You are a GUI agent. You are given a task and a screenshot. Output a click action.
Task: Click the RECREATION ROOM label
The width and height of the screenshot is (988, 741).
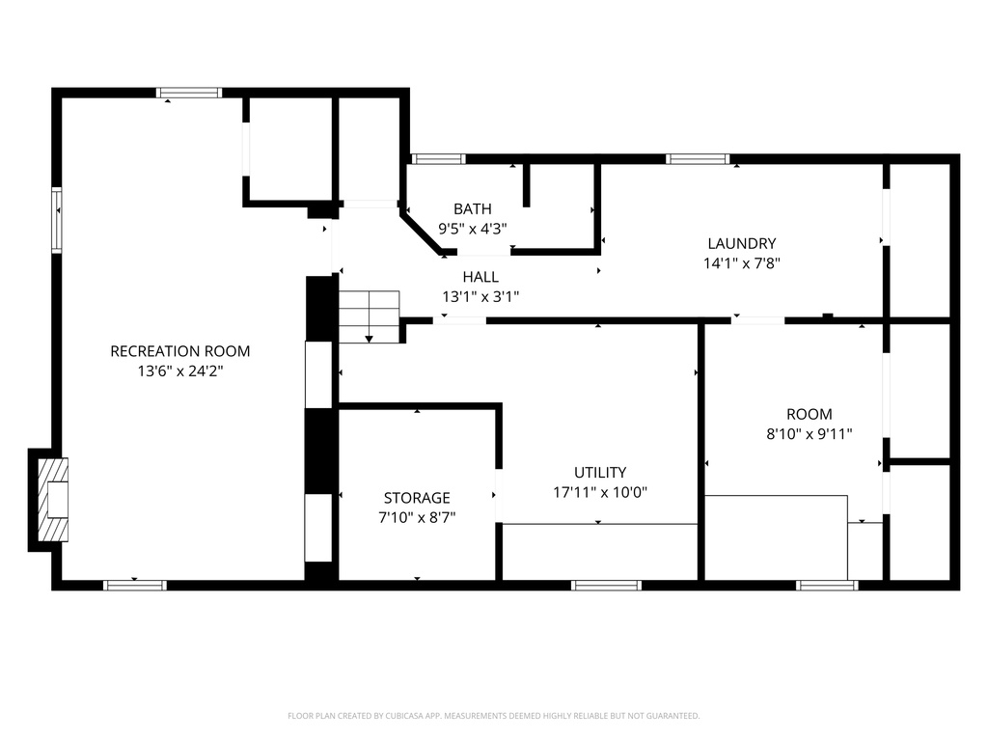click(x=179, y=351)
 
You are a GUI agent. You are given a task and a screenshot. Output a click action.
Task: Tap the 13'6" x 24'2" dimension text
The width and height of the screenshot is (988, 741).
click(x=179, y=370)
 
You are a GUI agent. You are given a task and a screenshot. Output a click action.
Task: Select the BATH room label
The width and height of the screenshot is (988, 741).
click(x=473, y=209)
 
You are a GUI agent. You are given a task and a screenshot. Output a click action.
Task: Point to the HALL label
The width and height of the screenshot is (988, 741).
click(x=480, y=278)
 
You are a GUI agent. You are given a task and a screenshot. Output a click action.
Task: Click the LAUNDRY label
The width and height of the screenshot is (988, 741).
click(x=741, y=244)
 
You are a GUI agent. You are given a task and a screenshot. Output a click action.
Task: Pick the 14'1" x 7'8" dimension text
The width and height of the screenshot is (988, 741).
click(x=741, y=262)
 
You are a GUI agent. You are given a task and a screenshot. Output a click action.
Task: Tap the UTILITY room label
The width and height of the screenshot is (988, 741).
click(x=600, y=473)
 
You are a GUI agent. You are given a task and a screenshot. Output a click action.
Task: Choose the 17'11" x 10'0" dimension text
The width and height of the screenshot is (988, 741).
click(x=600, y=492)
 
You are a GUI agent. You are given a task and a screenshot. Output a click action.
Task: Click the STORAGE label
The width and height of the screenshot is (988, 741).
click(x=417, y=498)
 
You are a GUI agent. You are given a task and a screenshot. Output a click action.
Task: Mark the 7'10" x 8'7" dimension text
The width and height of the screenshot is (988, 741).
click(x=417, y=517)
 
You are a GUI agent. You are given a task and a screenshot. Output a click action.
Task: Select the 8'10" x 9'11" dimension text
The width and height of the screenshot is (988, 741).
click(x=809, y=434)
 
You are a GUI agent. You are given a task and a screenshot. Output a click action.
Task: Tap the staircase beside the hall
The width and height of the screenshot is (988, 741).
click(x=369, y=315)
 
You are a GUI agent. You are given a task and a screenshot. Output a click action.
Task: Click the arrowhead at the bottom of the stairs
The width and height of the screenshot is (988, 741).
click(x=369, y=339)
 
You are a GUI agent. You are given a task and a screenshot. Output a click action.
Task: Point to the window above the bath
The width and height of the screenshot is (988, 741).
click(x=438, y=159)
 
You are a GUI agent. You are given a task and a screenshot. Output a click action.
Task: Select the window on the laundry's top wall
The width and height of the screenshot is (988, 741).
click(x=697, y=159)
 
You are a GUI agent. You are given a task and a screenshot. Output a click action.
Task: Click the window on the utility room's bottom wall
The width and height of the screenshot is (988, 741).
click(x=606, y=585)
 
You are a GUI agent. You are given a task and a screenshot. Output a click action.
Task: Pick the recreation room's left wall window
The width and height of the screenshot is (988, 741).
click(x=57, y=220)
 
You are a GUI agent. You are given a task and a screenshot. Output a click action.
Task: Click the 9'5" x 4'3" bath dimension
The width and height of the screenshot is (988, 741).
click(x=473, y=229)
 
